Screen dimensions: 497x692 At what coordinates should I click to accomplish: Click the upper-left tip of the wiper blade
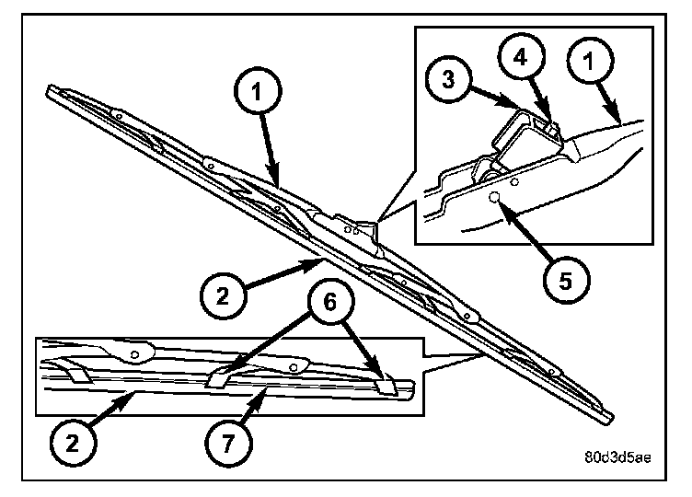49,89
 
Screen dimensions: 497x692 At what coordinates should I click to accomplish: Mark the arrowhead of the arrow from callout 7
268,390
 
